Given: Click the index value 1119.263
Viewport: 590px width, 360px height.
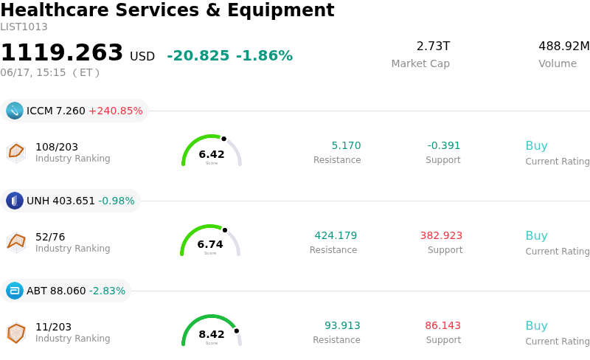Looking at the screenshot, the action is [62, 52].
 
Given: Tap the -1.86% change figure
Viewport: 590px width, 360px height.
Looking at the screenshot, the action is [264, 56].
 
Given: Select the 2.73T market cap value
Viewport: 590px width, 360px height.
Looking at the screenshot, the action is [433, 46].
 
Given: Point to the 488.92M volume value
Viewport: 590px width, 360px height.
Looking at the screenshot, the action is [564, 46].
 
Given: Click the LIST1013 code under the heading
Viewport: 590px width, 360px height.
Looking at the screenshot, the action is [24, 27].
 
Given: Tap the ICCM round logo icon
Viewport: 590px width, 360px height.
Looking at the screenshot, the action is [15, 111].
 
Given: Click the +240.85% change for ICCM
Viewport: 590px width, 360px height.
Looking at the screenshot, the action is [116, 111].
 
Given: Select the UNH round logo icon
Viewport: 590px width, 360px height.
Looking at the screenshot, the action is [15, 201].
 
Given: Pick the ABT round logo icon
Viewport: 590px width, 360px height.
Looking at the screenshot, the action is [15, 291].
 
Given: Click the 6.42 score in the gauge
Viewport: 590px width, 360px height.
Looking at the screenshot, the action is [212, 154].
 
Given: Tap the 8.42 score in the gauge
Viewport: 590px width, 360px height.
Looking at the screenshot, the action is [212, 334].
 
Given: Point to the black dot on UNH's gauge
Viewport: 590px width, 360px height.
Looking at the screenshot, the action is [225, 230].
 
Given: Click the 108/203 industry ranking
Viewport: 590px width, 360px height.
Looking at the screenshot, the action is [57, 147].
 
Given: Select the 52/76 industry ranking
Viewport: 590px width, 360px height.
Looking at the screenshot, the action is [50, 237].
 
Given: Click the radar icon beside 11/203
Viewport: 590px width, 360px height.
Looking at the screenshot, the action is [16, 333].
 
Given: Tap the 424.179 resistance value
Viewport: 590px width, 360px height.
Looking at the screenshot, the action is [336, 235].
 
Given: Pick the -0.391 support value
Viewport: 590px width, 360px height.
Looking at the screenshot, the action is [444, 145].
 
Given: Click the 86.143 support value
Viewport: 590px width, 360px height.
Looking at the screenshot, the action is [443, 325].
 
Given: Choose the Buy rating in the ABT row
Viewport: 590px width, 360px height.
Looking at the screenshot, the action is [537, 325].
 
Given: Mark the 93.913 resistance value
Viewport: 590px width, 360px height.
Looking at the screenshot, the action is [342, 325].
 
